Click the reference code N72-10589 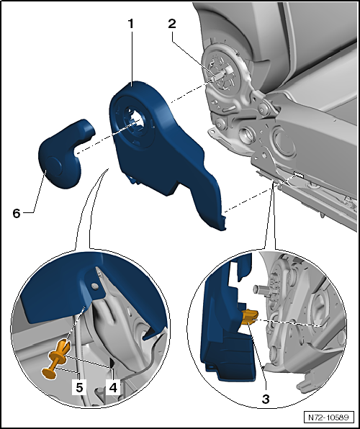pos(328,417)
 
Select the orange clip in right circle pos(249,317)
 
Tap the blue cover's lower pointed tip pos(221,227)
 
